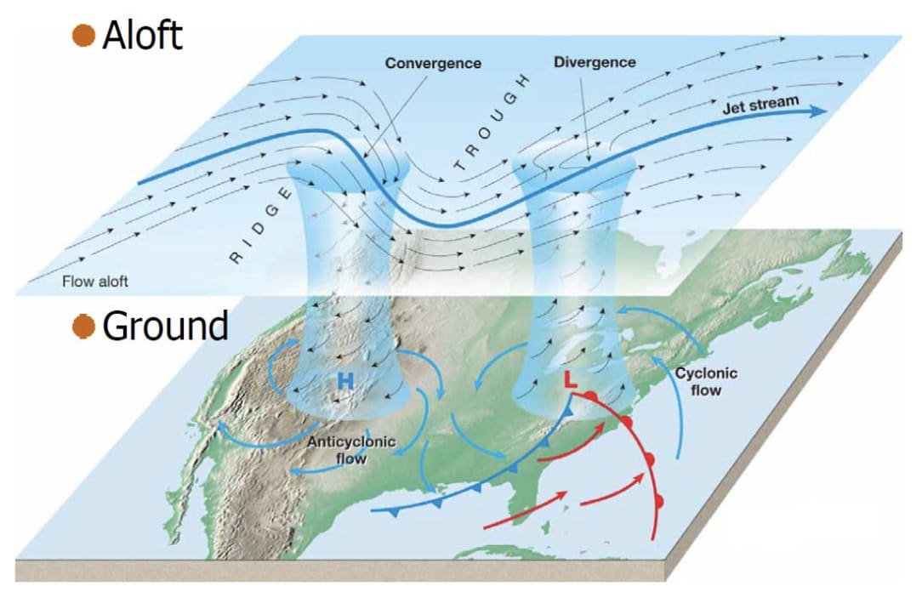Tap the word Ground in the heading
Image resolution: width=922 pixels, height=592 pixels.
(165, 326)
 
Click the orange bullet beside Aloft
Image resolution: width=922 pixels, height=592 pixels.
(83, 35)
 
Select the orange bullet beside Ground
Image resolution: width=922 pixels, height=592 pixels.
(83, 327)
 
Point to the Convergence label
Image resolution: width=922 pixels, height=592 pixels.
(433, 64)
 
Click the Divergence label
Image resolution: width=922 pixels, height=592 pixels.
(595, 63)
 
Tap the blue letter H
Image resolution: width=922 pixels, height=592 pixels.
(344, 382)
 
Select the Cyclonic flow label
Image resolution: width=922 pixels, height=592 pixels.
(706, 381)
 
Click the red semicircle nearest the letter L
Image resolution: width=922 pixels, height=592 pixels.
(592, 397)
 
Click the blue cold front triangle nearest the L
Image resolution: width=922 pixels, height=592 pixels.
(566, 412)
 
